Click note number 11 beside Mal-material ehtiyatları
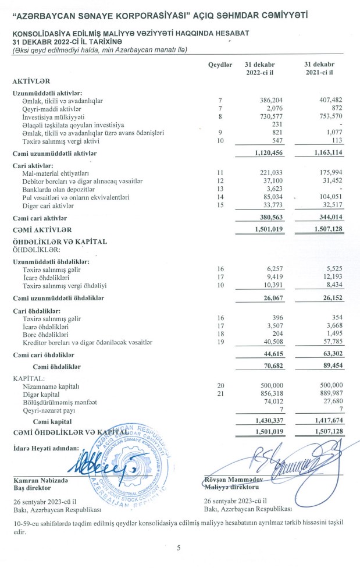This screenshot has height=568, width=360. [x=220, y=173]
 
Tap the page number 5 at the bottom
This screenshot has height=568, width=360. [x=179, y=548]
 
